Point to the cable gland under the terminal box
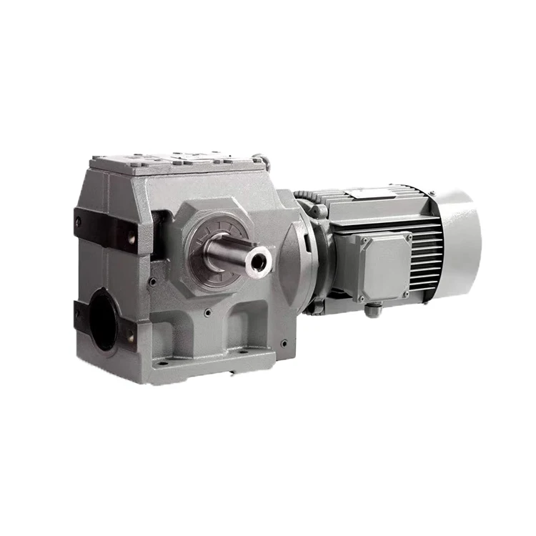[x=373, y=309]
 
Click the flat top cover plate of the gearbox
[x=175, y=160]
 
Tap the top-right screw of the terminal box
[x=408, y=237]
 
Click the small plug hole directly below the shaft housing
[x=207, y=312]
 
